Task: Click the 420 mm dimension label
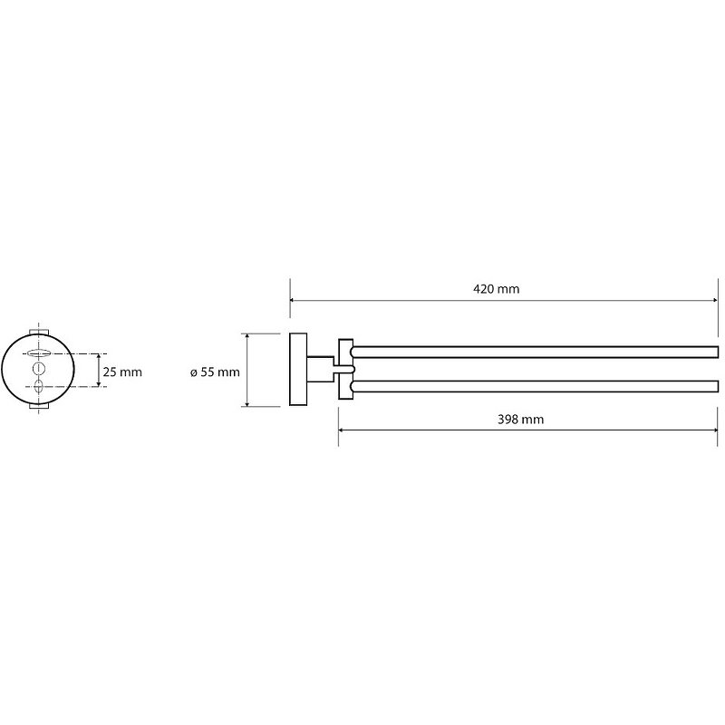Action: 496,289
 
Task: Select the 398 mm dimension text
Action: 520,420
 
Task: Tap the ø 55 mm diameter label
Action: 215,372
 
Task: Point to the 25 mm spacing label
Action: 122,372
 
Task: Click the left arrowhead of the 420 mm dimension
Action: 293,301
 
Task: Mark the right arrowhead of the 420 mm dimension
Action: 715,301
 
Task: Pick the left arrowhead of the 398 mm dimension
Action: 342,430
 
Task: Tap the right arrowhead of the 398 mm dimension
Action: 715,430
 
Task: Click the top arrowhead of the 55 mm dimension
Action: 247,336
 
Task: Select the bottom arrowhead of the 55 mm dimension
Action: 247,403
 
